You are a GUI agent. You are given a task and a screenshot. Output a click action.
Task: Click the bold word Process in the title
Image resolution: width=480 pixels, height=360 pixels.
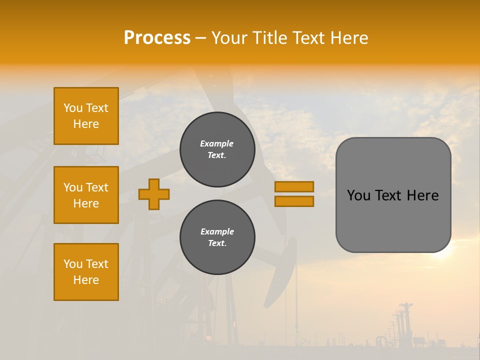tap(157, 38)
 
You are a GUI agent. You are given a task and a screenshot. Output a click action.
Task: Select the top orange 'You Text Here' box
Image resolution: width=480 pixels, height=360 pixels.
tap(86, 116)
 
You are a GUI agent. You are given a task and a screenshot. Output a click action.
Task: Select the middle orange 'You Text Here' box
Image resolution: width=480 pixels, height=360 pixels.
tap(86, 195)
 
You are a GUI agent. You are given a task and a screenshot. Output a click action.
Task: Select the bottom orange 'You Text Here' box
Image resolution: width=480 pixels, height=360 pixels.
tap(86, 272)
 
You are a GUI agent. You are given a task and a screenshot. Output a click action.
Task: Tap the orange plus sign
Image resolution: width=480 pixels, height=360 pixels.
tap(154, 194)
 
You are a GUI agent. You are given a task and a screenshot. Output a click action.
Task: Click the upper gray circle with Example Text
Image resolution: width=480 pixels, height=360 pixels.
tap(217, 149)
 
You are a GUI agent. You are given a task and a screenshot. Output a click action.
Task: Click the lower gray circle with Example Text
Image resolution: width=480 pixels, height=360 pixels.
tap(217, 237)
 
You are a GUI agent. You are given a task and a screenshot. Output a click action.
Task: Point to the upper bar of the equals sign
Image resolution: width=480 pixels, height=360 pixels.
tap(294, 186)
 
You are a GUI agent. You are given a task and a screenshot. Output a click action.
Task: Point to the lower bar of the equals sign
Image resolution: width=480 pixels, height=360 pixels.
tap(294, 201)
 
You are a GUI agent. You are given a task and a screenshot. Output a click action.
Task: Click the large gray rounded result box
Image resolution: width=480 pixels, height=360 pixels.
tap(393, 220)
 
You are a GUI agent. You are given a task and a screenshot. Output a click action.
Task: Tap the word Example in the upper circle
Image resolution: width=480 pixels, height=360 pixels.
tap(216, 143)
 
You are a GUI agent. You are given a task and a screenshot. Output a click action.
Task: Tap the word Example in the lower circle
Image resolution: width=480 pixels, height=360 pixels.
tap(217, 231)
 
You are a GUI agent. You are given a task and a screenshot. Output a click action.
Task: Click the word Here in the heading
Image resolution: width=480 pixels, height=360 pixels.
tap(350, 38)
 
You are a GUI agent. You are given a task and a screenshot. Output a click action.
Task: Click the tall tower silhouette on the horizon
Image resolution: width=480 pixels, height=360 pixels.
tap(406, 320)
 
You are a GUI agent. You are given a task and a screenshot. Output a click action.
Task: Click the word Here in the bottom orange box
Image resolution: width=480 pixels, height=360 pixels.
tap(86, 280)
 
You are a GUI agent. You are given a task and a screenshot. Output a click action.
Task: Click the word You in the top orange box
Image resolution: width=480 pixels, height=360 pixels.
tap(73, 108)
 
